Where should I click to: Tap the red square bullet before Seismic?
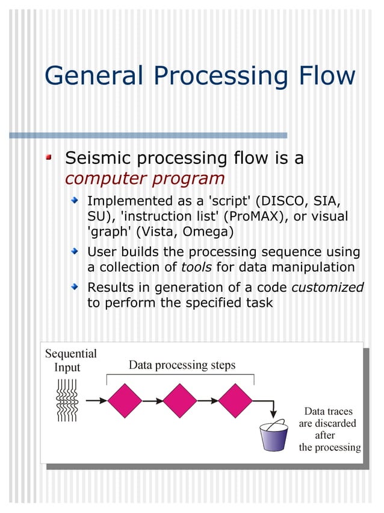(50, 158)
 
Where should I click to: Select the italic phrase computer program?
(144, 179)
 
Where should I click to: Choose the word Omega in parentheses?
(211, 231)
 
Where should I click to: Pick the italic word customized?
(327, 287)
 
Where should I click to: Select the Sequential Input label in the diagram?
(71, 360)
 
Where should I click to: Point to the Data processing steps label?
(182, 365)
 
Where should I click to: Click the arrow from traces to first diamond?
(96, 400)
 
